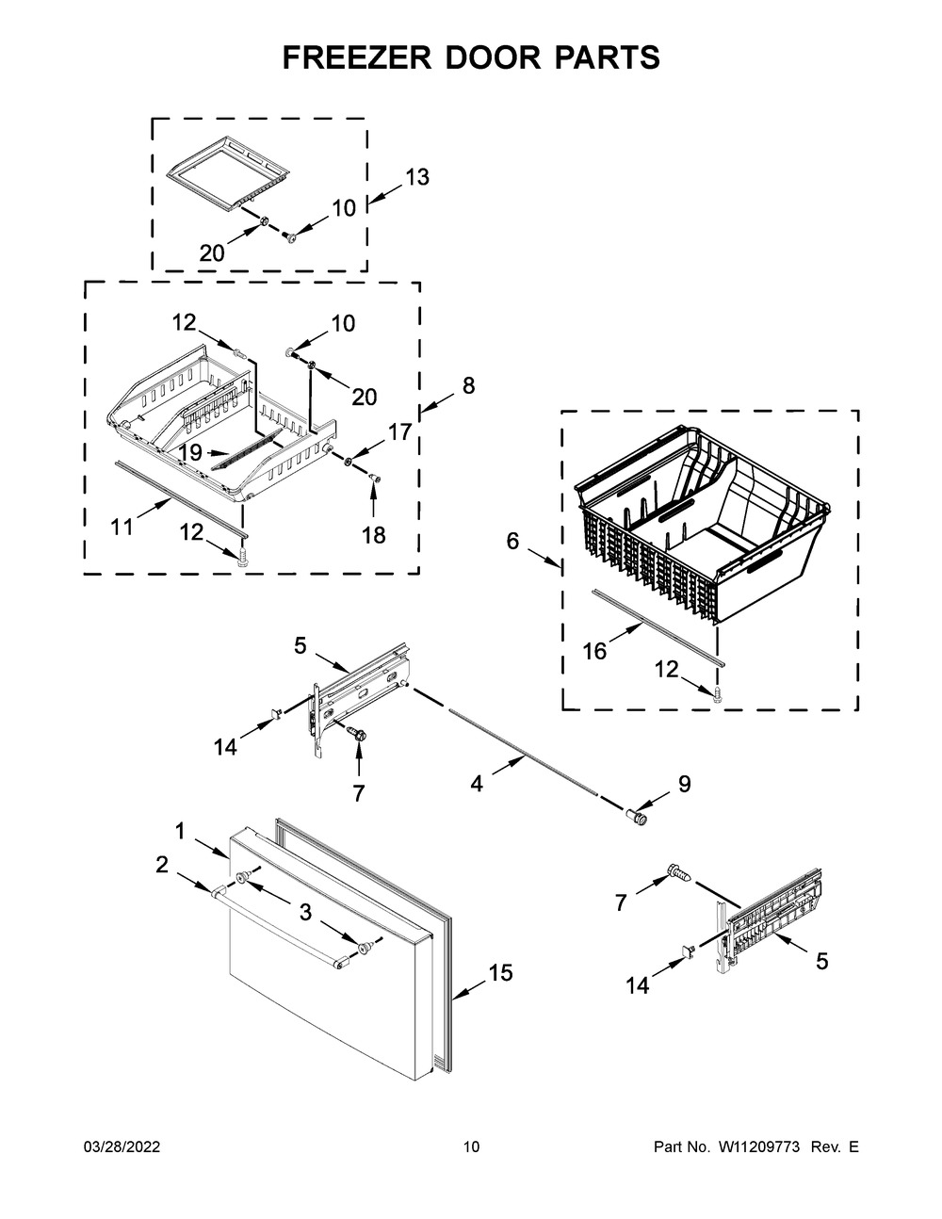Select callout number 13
click(x=416, y=176)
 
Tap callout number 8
click(x=468, y=384)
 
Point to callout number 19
click(x=190, y=452)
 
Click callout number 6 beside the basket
click(x=512, y=540)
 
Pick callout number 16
click(x=594, y=651)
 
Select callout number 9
click(x=684, y=783)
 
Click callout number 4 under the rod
click(x=477, y=783)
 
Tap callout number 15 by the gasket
click(x=500, y=972)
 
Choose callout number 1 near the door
click(x=180, y=831)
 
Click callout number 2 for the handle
click(x=162, y=864)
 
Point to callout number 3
click(x=305, y=912)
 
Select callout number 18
click(x=374, y=535)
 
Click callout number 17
click(x=399, y=432)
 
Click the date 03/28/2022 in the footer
click(x=122, y=1146)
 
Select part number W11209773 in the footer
click(x=759, y=1146)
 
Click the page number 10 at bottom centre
click(x=471, y=1146)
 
